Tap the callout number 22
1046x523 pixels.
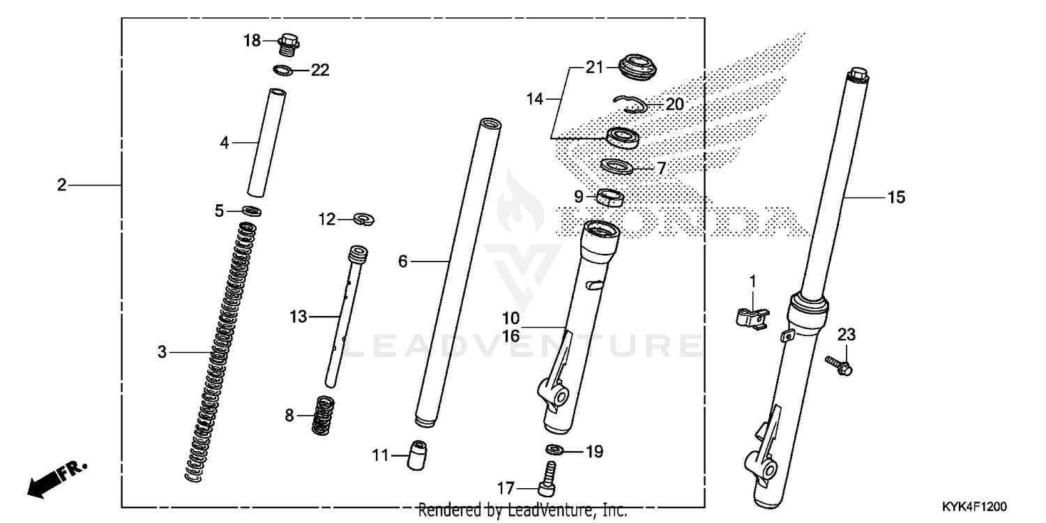pyautogui.click(x=320, y=70)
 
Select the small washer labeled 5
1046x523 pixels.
pyautogui.click(x=252, y=211)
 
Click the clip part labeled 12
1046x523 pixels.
pyautogui.click(x=364, y=220)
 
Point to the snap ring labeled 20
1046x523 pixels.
pyautogui.click(x=631, y=105)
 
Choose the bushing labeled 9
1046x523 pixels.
pyautogui.click(x=612, y=198)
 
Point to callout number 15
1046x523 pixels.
pyautogui.click(x=896, y=198)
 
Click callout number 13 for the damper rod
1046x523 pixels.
pyautogui.click(x=298, y=317)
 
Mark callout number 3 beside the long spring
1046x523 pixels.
pyautogui.click(x=162, y=353)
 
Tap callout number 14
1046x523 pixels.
pyautogui.click(x=534, y=100)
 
